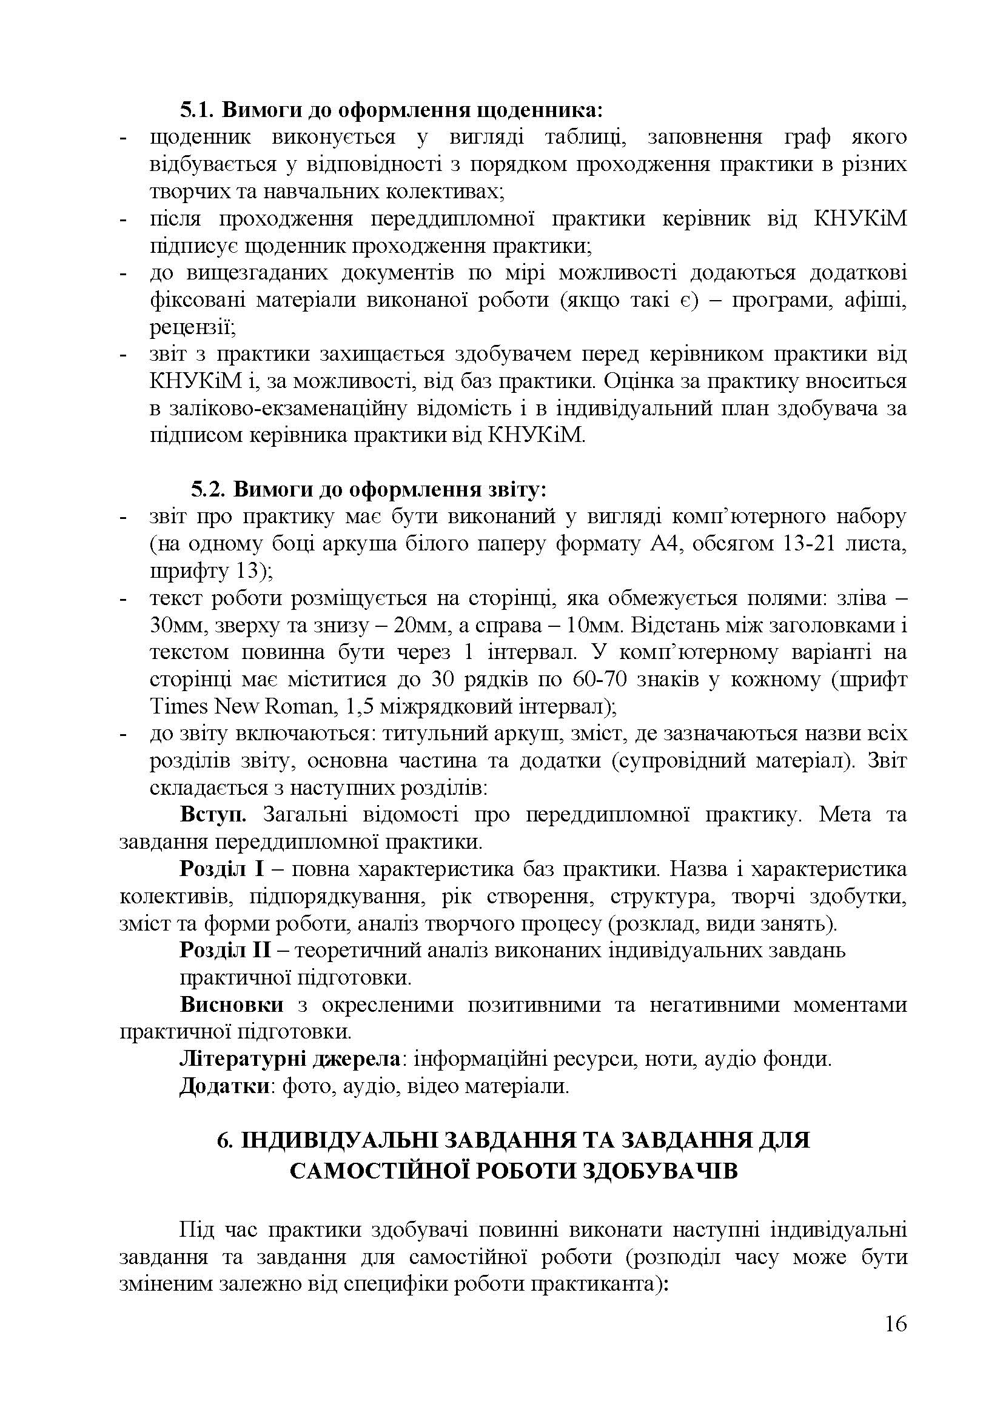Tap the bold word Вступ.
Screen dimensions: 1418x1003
[x=213, y=815]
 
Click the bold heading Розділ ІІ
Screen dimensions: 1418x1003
[x=225, y=950]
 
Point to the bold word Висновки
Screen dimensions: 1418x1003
[x=232, y=1005]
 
